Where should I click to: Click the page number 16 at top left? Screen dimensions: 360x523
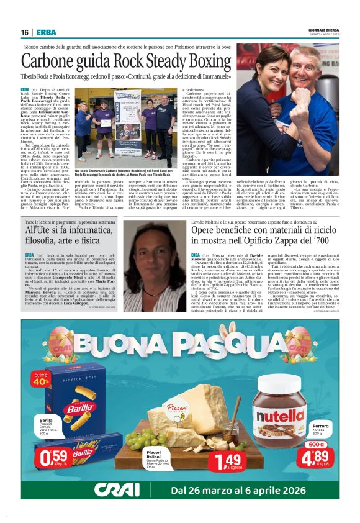coord(25,32)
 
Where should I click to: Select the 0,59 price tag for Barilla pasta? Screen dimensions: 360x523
coord(53,458)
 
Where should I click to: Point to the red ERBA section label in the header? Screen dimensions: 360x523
coord(46,32)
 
